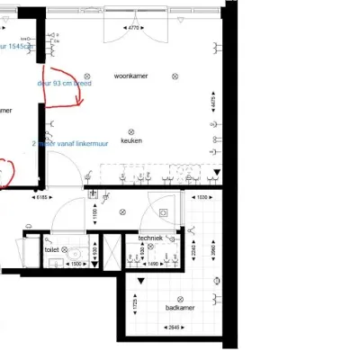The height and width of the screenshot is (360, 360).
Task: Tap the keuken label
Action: [132, 140]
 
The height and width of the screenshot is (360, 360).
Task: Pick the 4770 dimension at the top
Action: [133, 29]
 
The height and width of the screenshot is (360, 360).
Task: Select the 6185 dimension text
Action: [43, 197]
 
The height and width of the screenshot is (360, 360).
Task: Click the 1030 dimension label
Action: [202, 197]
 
